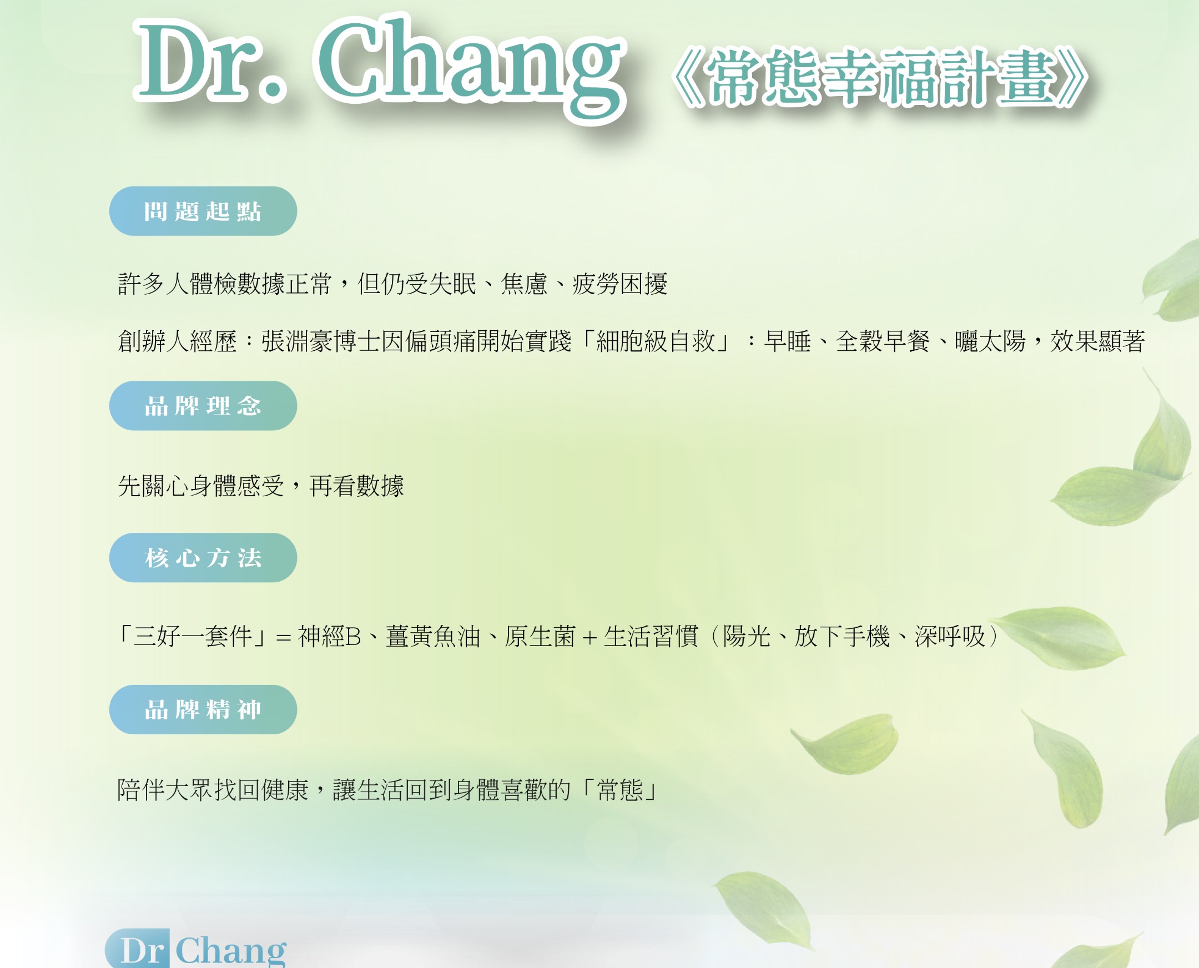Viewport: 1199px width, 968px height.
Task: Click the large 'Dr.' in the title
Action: pos(211,62)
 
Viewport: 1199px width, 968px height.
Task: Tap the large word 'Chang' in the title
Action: pos(472,67)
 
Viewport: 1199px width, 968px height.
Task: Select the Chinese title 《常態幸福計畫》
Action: pos(880,77)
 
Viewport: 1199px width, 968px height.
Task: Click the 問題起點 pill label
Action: pos(203,211)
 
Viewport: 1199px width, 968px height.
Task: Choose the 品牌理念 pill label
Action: pos(203,406)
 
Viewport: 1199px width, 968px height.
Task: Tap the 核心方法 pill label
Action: pos(203,558)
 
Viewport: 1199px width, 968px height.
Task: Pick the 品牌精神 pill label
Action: pos(203,710)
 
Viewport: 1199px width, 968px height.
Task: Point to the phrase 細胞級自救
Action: pos(656,341)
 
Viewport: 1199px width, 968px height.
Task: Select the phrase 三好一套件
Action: pos(193,636)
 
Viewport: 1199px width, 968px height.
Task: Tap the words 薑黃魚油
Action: pos(433,636)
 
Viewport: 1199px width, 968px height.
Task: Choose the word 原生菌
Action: pos(540,636)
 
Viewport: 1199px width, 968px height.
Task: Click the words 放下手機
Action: pos(842,636)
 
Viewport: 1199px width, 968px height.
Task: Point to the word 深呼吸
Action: pos(950,636)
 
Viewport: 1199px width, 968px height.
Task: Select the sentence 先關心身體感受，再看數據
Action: pos(261,486)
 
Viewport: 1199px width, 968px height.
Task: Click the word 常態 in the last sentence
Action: pos(620,790)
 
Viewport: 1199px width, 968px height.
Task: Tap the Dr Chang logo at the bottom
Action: pos(196,949)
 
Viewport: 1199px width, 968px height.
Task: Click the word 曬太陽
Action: pos(990,341)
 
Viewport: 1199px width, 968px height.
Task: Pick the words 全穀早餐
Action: pos(882,341)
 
